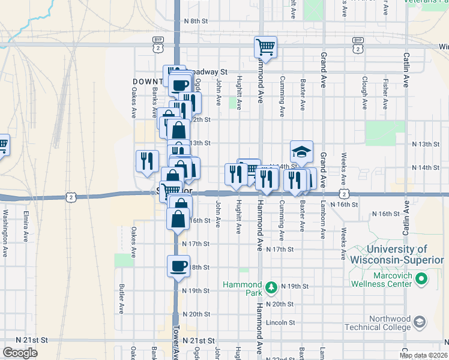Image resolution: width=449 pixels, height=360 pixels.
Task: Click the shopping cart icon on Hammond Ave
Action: pos(265,47)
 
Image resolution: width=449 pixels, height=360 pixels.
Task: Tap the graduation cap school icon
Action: pos(302,151)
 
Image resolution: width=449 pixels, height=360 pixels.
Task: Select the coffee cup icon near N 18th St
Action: pos(178,265)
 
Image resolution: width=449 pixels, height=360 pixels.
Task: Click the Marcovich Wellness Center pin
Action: pos(421,278)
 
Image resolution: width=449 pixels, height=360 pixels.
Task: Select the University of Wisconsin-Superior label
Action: pos(397,254)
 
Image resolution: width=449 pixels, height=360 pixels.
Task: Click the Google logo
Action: pos(20,353)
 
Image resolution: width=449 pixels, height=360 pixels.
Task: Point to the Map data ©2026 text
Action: pos(423,355)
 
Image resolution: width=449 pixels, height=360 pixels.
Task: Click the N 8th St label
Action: pos(196,20)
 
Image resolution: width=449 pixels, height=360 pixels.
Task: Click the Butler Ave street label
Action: pos(122,299)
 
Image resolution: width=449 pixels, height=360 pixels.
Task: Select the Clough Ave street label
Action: pos(364,92)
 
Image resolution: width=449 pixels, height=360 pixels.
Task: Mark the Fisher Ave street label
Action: pos(385,92)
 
